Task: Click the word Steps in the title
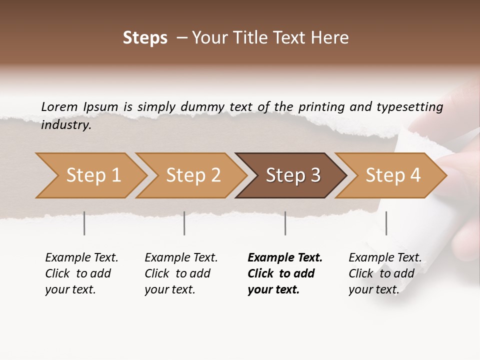145,38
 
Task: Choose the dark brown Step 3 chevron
292,175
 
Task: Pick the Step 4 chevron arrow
392,175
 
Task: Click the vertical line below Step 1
84,223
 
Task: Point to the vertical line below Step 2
184,223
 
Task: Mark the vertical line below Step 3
285,223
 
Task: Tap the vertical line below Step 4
386,223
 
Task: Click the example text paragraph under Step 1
81,273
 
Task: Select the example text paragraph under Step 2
180,273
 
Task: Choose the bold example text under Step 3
284,273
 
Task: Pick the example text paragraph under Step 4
384,273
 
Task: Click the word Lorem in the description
59,107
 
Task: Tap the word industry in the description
66,125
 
